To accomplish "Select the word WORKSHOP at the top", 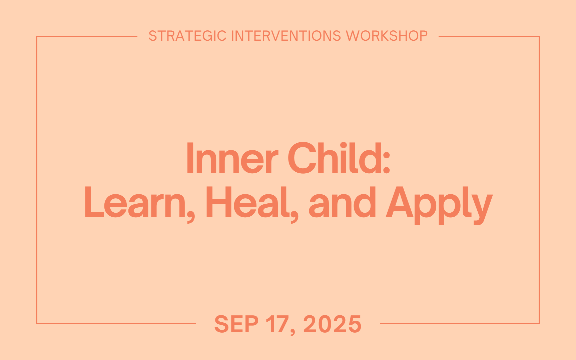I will tap(387, 36).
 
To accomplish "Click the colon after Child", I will tap(386, 164).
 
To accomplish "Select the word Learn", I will tap(135, 203).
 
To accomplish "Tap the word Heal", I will tap(247, 203).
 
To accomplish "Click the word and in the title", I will tap(342, 203).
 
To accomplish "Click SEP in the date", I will tap(236, 324).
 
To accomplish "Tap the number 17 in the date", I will tap(277, 324).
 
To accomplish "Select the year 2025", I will tap(332, 324).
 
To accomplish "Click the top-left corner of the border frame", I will tap(37, 37).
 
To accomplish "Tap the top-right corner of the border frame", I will tap(539, 37).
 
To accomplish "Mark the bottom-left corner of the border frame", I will tap(37, 323).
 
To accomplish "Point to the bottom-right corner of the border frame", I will tap(539, 323).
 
